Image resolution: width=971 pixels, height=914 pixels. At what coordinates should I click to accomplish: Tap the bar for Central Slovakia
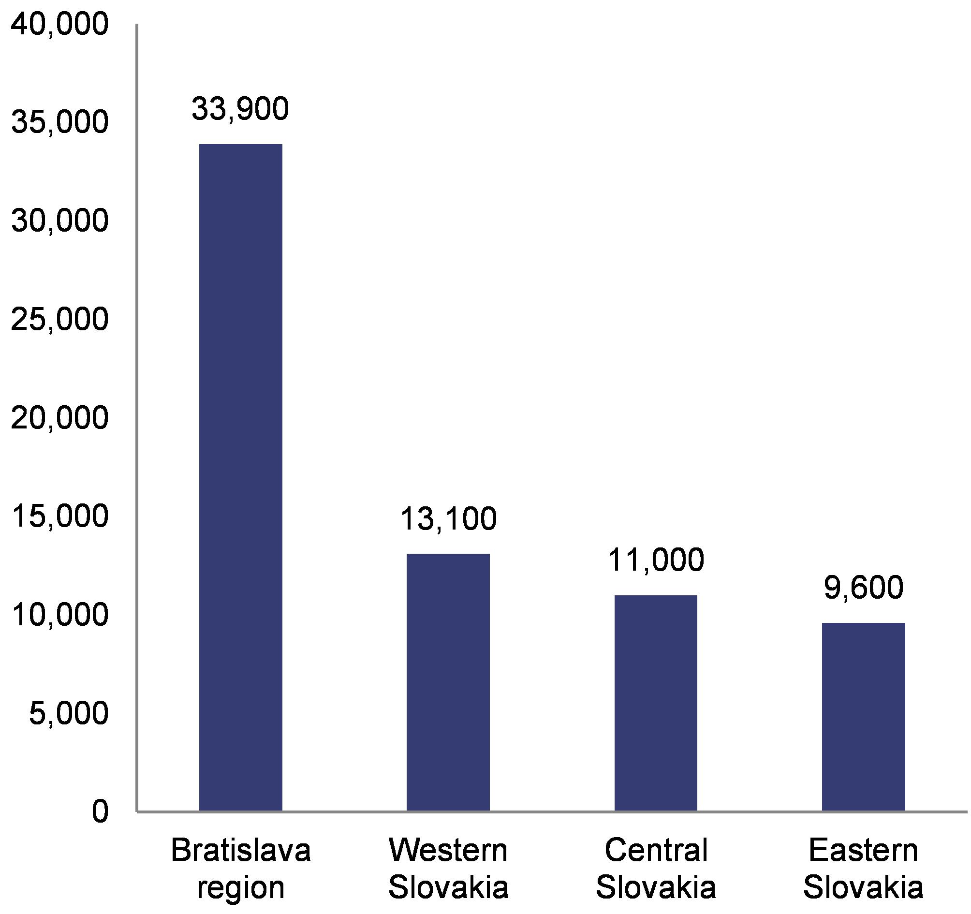coord(656,703)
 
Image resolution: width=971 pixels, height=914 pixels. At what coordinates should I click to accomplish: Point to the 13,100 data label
coord(448,519)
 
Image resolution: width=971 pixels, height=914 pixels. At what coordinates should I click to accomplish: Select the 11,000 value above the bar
coord(656,560)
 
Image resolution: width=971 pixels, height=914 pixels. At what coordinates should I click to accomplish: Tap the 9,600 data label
coord(864,588)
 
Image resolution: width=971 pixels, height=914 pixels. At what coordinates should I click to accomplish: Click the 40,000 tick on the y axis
coord(59,25)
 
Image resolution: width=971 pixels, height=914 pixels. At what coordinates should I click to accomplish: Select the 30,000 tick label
coord(59,221)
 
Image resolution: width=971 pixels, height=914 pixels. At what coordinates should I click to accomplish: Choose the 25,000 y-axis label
coord(59,320)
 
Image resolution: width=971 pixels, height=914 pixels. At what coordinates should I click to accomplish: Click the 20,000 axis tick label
coord(59,418)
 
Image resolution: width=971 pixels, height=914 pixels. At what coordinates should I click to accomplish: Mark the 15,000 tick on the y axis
coord(59,516)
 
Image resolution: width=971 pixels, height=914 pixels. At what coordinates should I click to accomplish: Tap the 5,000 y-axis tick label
coord(68,714)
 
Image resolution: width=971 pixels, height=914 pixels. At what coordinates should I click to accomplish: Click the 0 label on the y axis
coord(100,812)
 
